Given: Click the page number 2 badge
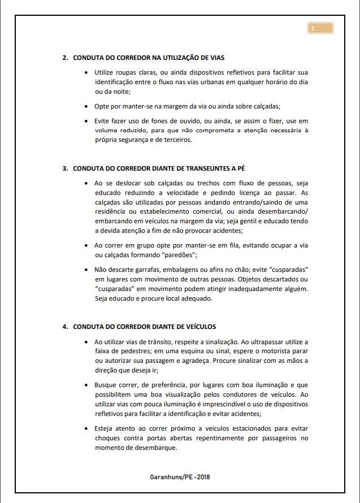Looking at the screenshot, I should [320, 28].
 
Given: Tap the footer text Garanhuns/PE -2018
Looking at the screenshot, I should [180, 477].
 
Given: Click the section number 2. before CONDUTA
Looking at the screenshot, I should [66, 58].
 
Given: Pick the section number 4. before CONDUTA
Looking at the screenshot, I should [66, 327].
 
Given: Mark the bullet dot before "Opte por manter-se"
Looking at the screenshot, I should [85, 106].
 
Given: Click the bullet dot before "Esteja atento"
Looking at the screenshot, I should [85, 429].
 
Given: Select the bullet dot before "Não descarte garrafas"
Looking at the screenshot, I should [85, 270].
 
